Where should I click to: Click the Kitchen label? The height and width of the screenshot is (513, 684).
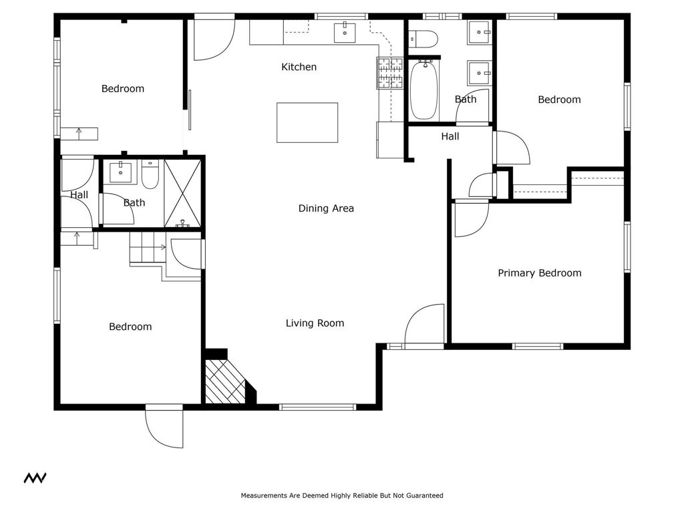coord(299,67)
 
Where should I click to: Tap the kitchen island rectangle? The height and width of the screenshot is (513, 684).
coord(307,122)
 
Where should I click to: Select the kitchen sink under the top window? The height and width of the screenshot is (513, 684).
coord(345,31)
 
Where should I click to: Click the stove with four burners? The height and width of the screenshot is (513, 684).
coord(391,73)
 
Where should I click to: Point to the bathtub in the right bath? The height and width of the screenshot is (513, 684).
coord(423,90)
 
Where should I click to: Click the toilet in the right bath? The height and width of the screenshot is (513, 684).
coord(422,39)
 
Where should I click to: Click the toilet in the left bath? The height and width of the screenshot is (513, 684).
coord(150,175)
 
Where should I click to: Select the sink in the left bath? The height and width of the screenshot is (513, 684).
coord(120,172)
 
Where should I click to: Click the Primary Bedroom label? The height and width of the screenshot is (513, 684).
coord(539,273)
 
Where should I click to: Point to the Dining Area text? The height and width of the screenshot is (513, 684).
coord(326,208)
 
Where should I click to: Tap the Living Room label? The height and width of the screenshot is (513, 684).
coord(315,323)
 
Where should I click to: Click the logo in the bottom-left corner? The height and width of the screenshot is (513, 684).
coord(35,478)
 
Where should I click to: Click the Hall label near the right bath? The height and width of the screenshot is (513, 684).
coord(450,136)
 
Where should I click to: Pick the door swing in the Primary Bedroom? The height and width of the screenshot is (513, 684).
coord(470,220)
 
